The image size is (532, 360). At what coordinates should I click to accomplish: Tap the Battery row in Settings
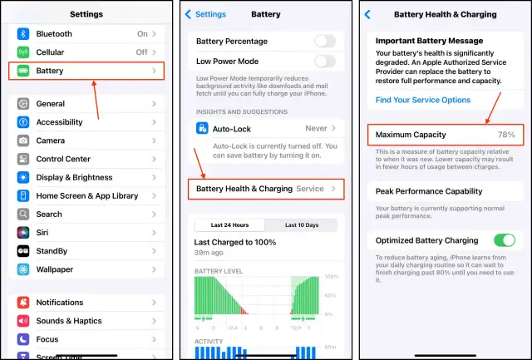tap(86, 72)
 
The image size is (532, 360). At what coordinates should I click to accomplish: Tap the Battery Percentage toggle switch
tap(325, 41)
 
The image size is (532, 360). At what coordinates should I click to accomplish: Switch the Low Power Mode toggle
tap(325, 61)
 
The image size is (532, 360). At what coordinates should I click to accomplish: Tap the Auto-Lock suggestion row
tap(265, 129)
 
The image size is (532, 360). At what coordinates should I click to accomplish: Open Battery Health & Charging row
tap(265, 189)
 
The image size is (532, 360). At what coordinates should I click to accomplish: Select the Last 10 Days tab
tap(301, 224)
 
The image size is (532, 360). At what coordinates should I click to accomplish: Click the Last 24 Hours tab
tap(229, 224)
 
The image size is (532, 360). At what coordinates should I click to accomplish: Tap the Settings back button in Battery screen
tap(205, 14)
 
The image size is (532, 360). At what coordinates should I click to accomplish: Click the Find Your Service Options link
tap(423, 100)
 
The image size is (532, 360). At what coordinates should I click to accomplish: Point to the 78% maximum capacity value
tap(506, 134)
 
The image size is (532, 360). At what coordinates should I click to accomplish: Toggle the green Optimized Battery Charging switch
tap(504, 240)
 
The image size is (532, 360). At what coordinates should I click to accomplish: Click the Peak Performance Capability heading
tap(427, 191)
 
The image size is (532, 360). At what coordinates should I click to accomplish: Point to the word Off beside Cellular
tap(142, 52)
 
